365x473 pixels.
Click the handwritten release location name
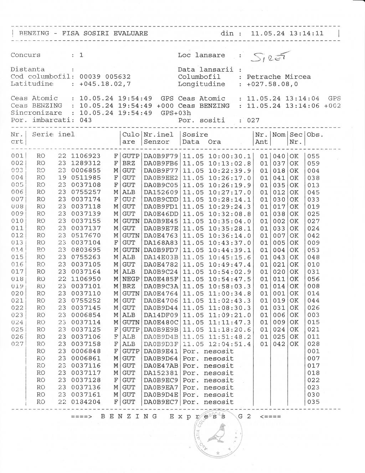[x=271, y=56]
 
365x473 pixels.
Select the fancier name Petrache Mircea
[x=278, y=77]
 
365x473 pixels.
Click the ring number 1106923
[x=86, y=156]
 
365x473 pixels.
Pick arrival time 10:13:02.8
[x=230, y=163]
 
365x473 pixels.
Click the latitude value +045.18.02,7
[x=105, y=84]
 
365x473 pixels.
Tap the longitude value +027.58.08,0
[x=272, y=84]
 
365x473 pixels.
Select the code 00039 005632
[x=105, y=77]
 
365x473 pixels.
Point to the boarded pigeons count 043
[x=86, y=120]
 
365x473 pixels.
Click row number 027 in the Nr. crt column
[x=17, y=344]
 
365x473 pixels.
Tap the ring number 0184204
[x=86, y=402]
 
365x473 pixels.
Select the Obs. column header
[x=315, y=135]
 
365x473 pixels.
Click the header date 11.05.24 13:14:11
[x=287, y=34]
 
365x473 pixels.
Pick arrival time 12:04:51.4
[x=230, y=344]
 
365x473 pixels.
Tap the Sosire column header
[x=195, y=135]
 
